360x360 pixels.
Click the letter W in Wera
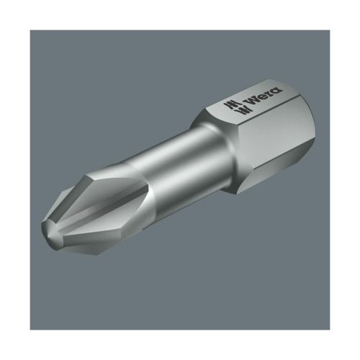click(250, 99)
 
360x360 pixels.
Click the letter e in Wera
click(261, 96)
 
